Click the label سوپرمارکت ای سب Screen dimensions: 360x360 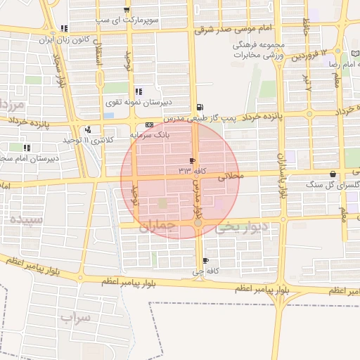[127, 21]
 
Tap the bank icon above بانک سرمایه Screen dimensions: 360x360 [149, 124]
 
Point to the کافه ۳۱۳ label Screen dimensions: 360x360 [192, 171]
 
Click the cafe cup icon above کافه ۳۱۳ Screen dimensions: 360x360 [192, 161]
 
